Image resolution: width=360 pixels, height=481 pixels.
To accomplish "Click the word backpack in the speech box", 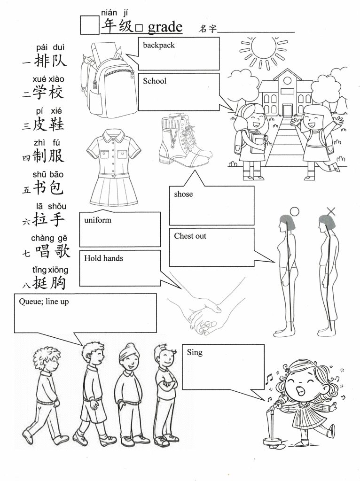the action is [x=159, y=46].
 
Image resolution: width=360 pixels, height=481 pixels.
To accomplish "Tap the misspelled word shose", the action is [x=183, y=194].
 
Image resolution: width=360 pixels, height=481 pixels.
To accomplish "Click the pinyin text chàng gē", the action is [x=49, y=238].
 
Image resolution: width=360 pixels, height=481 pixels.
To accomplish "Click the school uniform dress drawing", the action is [x=114, y=168].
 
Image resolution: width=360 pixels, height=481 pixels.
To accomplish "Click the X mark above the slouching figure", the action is [x=331, y=211].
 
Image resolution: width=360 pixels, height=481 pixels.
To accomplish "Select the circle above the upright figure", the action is [x=294, y=211].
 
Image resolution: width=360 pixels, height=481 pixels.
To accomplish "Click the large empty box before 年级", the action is [x=89, y=25].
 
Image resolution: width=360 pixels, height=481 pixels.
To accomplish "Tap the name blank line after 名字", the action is [x=256, y=31].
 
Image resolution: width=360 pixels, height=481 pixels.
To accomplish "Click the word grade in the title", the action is [x=165, y=27].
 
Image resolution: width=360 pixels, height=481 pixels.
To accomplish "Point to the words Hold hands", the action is [x=103, y=258].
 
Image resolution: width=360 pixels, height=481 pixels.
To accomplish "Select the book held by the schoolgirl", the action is [x=257, y=145].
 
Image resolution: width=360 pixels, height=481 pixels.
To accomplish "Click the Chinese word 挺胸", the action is [x=49, y=282].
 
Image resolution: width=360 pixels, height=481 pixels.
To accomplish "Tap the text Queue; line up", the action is [x=44, y=302].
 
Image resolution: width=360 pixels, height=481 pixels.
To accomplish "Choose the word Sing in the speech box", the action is [x=195, y=352].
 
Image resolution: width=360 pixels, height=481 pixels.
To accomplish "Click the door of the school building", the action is [x=287, y=110].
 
